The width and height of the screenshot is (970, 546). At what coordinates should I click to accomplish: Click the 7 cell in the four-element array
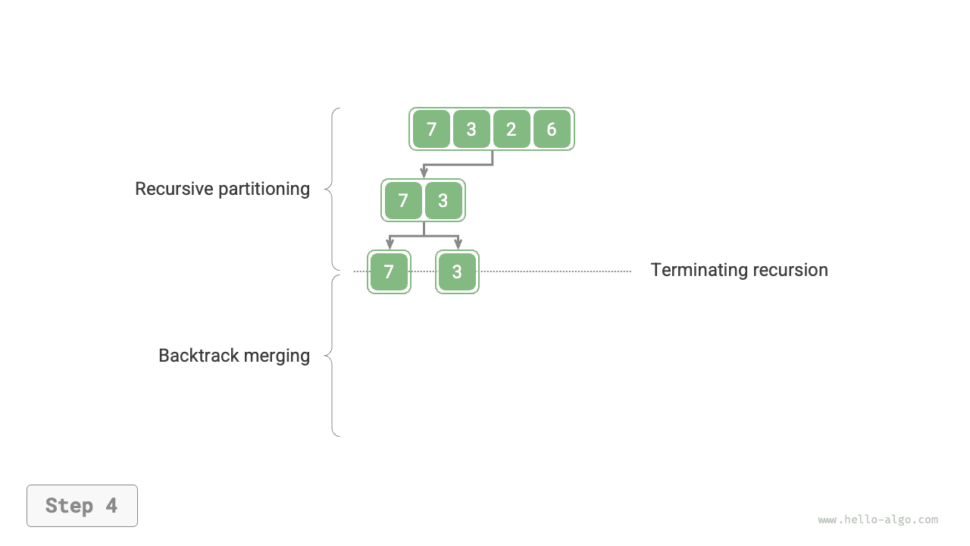click(x=431, y=129)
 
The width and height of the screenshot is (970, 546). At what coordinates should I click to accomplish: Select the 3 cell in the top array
click(x=471, y=129)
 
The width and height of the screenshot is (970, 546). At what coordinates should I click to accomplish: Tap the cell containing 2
click(x=512, y=129)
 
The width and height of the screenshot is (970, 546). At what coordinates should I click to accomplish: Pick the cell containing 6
click(x=552, y=129)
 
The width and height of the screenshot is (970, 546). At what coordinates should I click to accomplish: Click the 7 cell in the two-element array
click(x=403, y=201)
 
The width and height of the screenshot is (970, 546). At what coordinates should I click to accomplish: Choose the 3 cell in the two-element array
click(x=443, y=201)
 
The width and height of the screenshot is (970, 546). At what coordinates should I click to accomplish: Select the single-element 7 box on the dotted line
click(x=389, y=272)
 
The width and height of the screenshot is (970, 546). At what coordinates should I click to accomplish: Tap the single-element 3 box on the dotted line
click(x=457, y=272)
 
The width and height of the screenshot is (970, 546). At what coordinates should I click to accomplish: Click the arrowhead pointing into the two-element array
click(x=424, y=174)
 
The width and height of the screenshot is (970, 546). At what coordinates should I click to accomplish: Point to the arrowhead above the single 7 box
click(x=390, y=244)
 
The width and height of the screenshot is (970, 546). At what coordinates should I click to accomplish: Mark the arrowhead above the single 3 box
click(x=458, y=244)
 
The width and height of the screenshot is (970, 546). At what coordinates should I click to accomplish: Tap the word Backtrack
click(x=195, y=356)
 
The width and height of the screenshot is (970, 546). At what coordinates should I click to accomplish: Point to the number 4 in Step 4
click(x=111, y=506)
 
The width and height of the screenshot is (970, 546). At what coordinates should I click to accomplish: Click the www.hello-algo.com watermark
click(x=878, y=519)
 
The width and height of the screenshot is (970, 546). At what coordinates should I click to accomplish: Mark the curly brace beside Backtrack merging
click(x=332, y=355)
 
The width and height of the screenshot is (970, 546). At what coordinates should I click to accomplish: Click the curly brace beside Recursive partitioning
click(x=332, y=189)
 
